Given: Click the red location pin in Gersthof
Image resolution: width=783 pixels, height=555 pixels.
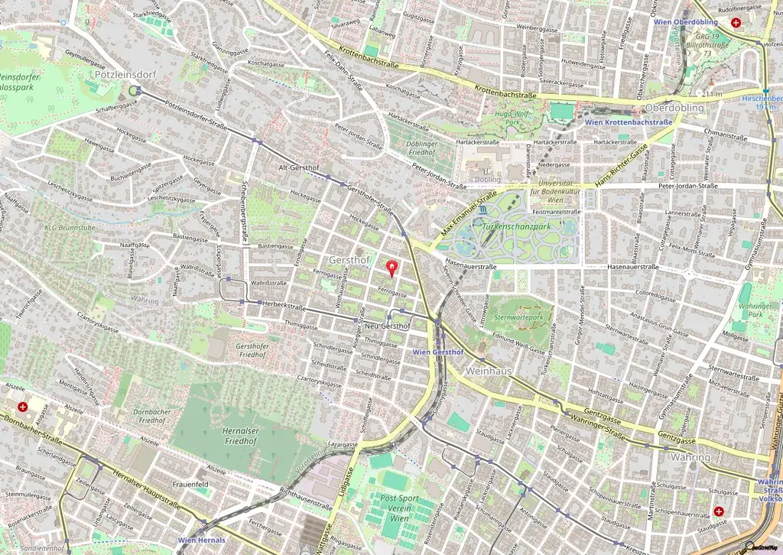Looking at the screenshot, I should [393, 268].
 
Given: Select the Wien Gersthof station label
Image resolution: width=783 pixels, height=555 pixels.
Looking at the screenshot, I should [437, 352].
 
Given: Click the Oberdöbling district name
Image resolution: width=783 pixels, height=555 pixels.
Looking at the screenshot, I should [674, 108].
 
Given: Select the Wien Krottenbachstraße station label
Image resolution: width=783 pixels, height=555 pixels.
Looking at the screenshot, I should [628, 122].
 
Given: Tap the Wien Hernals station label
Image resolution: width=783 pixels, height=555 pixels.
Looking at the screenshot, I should [202, 540].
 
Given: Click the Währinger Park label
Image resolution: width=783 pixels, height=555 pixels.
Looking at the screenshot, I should [756, 309].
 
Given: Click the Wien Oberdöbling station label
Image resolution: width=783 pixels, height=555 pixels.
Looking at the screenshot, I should [685, 21].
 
